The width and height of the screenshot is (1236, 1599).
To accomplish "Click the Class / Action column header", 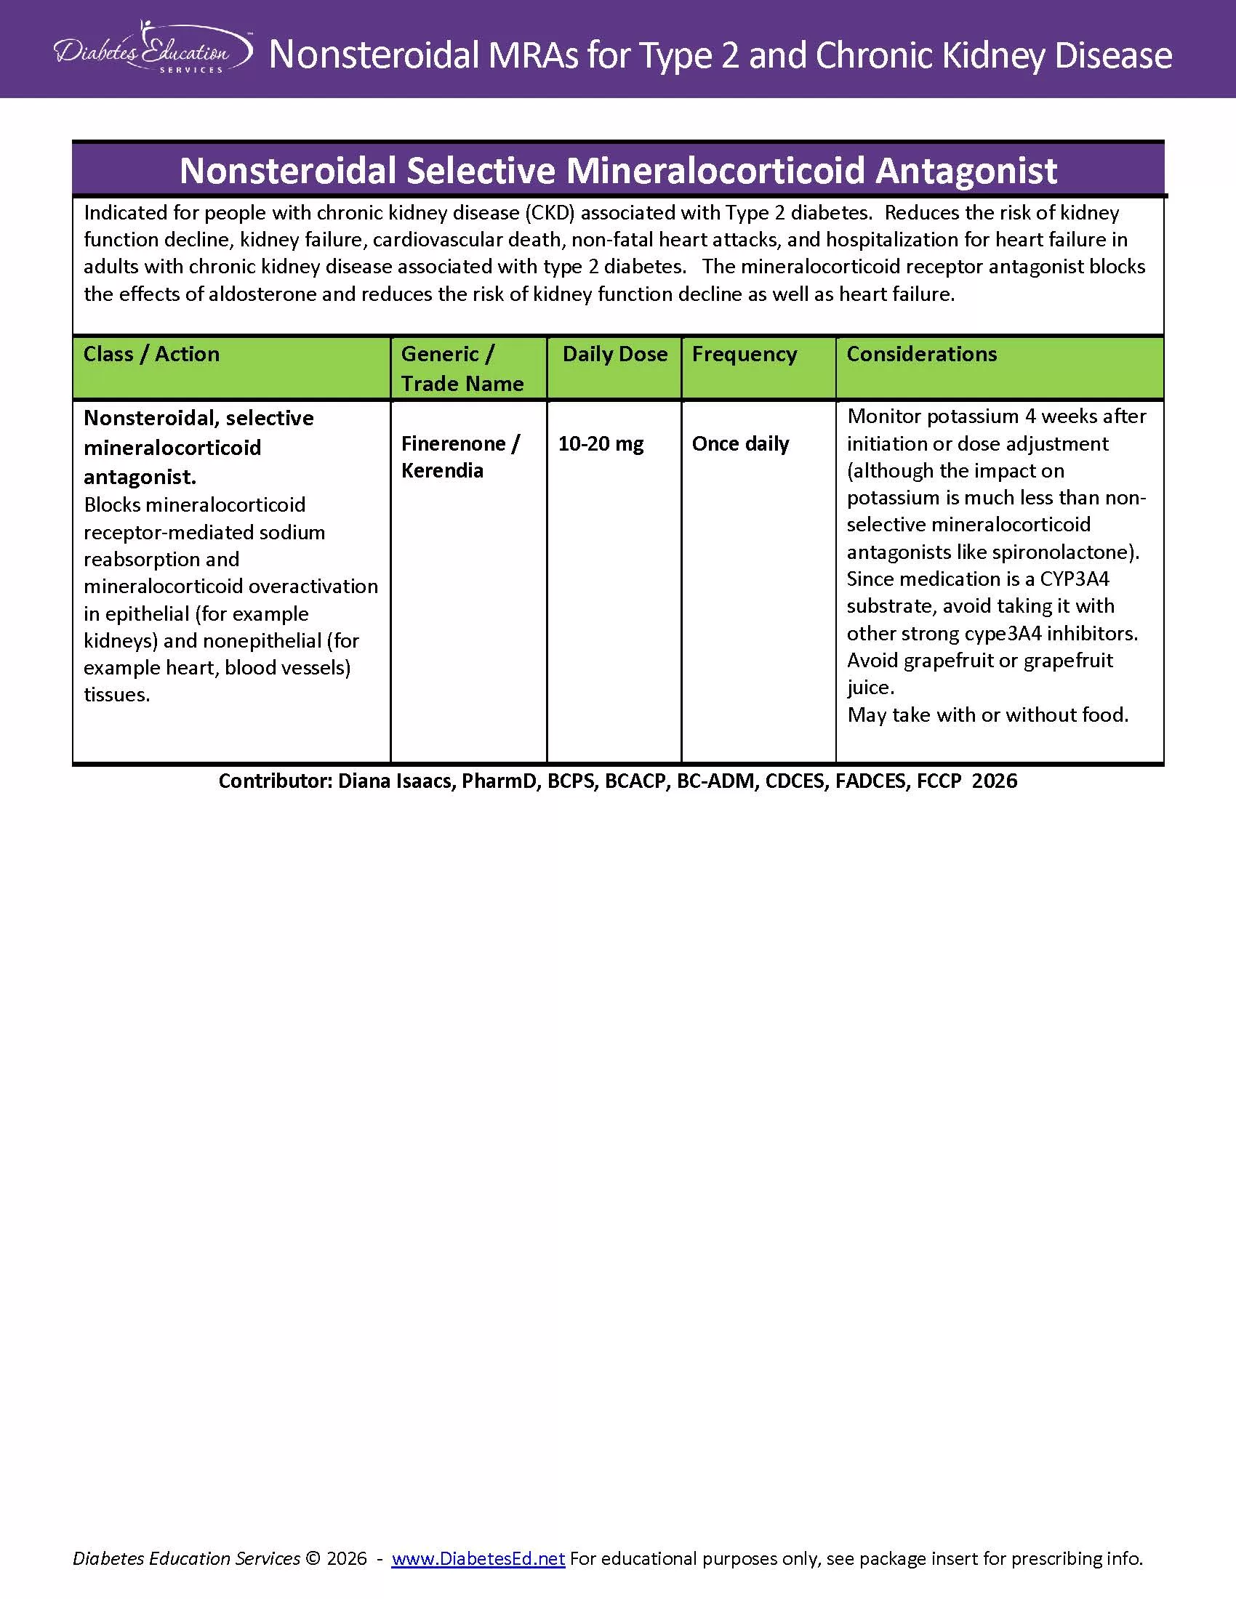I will pyautogui.click(x=151, y=355).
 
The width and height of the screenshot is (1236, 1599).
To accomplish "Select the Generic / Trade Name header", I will pyautogui.click(x=462, y=368).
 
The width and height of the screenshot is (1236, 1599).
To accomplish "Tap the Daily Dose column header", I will pyautogui.click(x=614, y=355).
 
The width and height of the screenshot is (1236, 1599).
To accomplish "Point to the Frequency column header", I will pyautogui.click(x=744, y=355).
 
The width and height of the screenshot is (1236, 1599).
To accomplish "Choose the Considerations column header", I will pyautogui.click(x=921, y=355).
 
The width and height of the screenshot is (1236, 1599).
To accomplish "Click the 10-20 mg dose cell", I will pyautogui.click(x=601, y=443).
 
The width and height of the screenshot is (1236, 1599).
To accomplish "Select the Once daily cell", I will pyautogui.click(x=740, y=443).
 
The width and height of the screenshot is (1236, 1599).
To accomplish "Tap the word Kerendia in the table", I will pyautogui.click(x=442, y=471).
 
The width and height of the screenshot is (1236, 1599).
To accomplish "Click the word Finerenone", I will pyautogui.click(x=453, y=443).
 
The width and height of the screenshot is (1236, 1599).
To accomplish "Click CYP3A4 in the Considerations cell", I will pyautogui.click(x=1074, y=579).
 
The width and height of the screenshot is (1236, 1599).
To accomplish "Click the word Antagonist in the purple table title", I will pyautogui.click(x=966, y=171).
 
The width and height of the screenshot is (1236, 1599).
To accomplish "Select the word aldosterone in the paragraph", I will pyautogui.click(x=262, y=294).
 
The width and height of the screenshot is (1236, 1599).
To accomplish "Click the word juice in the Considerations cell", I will pyautogui.click(x=868, y=688).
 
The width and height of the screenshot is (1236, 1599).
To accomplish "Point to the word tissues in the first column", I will pyautogui.click(x=116, y=695).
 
